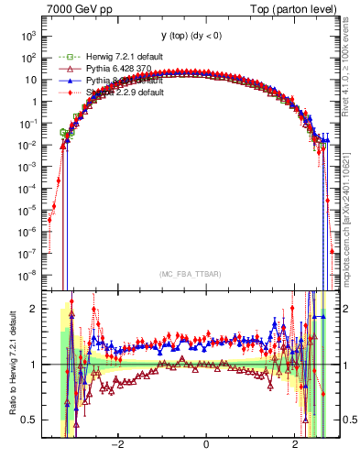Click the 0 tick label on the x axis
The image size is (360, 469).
click(x=206, y=446)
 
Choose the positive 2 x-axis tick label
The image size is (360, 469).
click(x=295, y=446)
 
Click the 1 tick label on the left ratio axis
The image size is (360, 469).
click(x=40, y=365)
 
